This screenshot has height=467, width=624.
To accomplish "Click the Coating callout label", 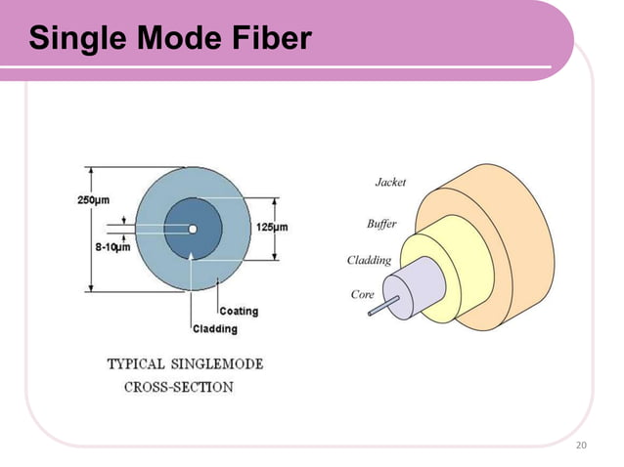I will pos(239,312).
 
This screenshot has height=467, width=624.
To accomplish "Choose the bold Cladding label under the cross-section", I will pos(214,329).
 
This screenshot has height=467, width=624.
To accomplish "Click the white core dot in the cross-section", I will pos(193,230).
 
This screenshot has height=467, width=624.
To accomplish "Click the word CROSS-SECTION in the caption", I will pos(178,386).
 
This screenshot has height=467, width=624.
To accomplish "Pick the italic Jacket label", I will pos(390,183).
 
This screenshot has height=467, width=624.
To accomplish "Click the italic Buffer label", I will pos(380,224).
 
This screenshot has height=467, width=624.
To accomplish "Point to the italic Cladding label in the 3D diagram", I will pos(369,261).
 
